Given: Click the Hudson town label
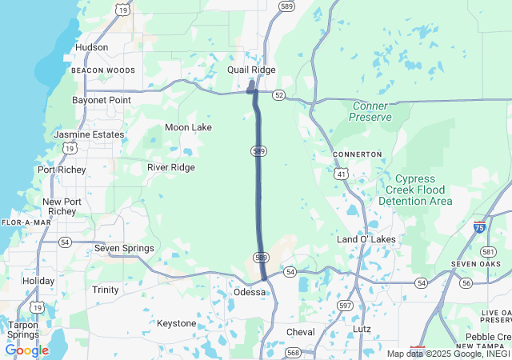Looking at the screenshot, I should tap(91, 47).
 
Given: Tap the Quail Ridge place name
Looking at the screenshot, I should tap(251, 70).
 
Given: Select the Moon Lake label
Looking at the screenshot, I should tap(188, 127).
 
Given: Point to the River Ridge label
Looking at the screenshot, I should tap(170, 167).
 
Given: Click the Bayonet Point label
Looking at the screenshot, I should tap(101, 100).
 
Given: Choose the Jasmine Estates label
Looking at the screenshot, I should tap(88, 134).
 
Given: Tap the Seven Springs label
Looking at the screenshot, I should tap(124, 248).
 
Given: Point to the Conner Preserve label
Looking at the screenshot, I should tap(371, 111).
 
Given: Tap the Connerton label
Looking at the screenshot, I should tap(357, 154).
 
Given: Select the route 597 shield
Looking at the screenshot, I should tap(345, 305).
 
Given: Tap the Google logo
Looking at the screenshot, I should tap(26, 350).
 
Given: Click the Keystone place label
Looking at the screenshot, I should tap(176, 323).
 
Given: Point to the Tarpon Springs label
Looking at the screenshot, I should tap(22, 329).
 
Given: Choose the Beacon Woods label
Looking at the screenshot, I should tap(102, 70).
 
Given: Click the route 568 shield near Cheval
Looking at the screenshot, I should tap(293, 353).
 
